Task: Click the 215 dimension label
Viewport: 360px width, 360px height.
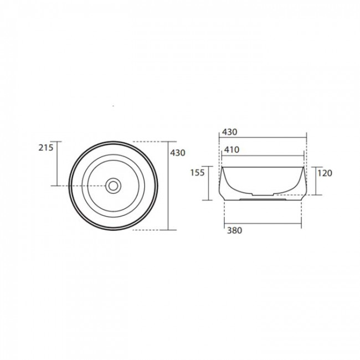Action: (45, 147)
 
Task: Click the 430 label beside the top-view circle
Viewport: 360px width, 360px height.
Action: (177, 153)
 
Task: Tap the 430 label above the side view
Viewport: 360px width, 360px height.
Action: (230, 132)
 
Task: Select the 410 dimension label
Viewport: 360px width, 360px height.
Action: (232, 150)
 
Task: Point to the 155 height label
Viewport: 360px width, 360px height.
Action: (198, 172)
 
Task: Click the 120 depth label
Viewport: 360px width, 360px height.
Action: (325, 173)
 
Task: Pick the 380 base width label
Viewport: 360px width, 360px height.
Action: (234, 230)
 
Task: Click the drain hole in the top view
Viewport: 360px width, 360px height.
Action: (113, 186)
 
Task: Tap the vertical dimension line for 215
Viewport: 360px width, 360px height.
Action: (57, 163)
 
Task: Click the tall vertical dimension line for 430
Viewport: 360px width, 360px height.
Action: (168, 186)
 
